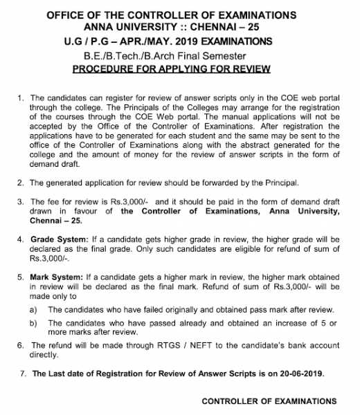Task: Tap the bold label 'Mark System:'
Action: [55, 275]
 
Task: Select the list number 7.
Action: [24, 374]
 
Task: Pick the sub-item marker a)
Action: [34, 310]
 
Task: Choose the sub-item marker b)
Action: [34, 323]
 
